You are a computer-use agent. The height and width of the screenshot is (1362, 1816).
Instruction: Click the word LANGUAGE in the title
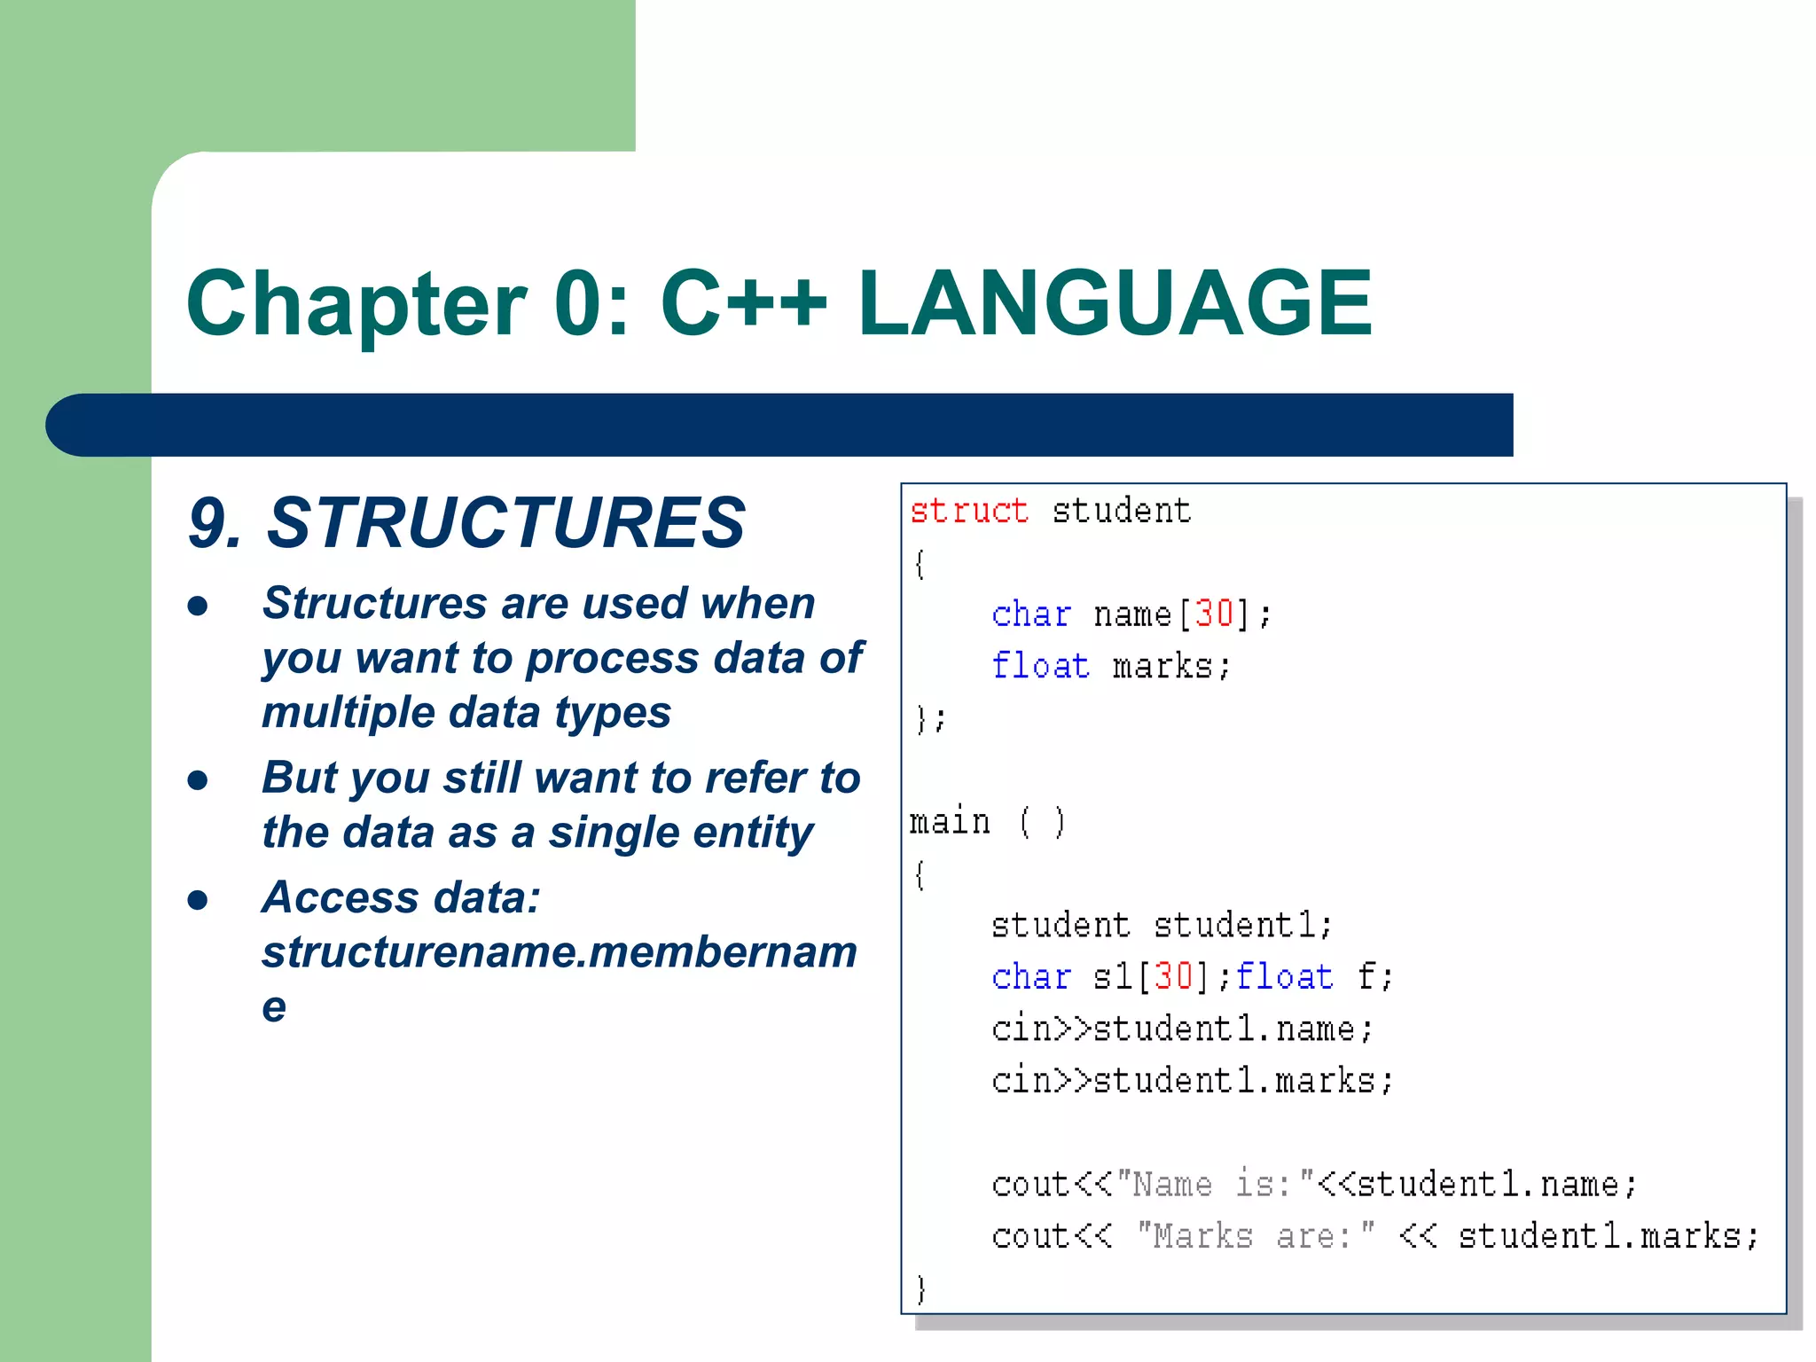coord(1115,304)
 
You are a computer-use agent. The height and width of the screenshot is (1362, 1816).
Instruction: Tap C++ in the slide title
coord(743,304)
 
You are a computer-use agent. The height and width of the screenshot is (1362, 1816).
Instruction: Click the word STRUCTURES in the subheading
coord(505,523)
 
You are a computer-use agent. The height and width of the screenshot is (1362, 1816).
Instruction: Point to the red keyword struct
coord(968,512)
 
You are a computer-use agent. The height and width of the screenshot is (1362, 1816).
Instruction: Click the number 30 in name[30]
coord(1214,614)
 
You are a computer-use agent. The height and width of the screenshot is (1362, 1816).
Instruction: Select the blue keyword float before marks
coord(1040,665)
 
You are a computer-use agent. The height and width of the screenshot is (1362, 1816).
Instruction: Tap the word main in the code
coord(950,822)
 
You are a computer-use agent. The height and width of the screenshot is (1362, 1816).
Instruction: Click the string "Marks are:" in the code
coord(1256,1236)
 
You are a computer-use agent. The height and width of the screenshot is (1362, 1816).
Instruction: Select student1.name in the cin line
coord(1225,1029)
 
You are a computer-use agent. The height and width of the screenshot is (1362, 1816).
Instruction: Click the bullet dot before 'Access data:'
coord(198,901)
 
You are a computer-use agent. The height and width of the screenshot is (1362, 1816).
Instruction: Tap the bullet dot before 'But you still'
coord(198,780)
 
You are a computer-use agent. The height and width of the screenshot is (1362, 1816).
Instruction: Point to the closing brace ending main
coord(920,1288)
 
